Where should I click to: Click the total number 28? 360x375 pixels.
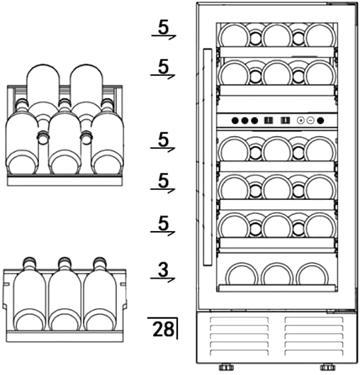(163, 329)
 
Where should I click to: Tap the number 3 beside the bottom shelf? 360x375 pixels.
(164, 270)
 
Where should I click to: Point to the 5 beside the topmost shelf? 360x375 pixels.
(164, 28)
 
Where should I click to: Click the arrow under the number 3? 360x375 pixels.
(162, 279)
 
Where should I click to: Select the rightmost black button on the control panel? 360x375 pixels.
(320, 121)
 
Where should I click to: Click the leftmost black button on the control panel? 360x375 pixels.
(235, 121)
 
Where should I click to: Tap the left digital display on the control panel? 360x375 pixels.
(268, 121)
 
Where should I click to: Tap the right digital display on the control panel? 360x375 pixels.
(285, 121)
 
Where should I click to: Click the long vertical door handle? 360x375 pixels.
(208, 157)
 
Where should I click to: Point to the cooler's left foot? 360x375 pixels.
(226, 367)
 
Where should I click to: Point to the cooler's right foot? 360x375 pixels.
(328, 367)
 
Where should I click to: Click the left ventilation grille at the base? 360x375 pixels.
(239, 336)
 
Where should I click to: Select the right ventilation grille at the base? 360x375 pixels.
(314, 336)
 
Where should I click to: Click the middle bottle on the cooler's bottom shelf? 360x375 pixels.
(277, 274)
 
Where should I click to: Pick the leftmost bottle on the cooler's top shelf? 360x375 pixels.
(235, 35)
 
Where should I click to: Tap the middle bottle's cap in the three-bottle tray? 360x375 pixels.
(64, 262)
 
